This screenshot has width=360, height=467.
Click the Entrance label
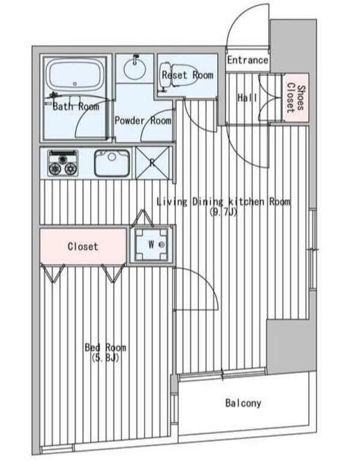(x=247, y=60)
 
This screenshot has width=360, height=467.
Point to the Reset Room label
(x=187, y=75)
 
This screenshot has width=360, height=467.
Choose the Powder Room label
(x=143, y=120)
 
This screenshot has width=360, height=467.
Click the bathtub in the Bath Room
(x=76, y=75)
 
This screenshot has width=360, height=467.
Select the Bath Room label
(x=76, y=107)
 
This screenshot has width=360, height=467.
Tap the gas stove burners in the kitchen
(x=63, y=162)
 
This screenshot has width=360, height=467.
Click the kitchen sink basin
(x=112, y=163)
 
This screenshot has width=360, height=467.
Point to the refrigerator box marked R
(x=152, y=162)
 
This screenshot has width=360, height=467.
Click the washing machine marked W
(x=152, y=245)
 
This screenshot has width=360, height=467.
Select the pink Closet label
(x=83, y=246)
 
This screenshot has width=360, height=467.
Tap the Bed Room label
(x=106, y=348)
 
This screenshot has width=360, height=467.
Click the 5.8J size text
(x=106, y=358)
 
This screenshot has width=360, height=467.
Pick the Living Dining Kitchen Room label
(x=223, y=202)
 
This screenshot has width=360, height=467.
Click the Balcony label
(x=243, y=403)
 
